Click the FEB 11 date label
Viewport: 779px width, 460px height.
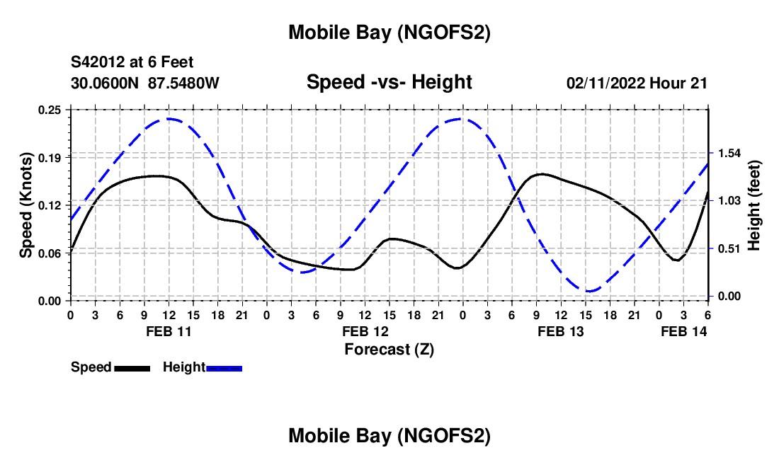click(169, 330)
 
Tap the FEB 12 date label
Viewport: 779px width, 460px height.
click(365, 330)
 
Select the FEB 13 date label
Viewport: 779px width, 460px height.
click(562, 330)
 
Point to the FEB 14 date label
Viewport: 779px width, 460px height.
click(683, 330)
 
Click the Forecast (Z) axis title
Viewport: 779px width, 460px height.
click(389, 348)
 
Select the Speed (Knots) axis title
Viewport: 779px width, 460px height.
click(25, 205)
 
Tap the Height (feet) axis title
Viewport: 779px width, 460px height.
click(755, 205)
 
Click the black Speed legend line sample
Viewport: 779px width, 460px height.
click(132, 368)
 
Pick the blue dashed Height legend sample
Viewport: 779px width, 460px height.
click(224, 368)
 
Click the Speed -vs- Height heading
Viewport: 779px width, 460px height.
click(389, 82)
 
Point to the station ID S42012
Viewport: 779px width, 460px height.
click(98, 62)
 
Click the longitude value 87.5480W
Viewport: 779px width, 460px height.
click(184, 83)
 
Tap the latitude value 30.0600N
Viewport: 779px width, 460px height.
click(106, 83)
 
